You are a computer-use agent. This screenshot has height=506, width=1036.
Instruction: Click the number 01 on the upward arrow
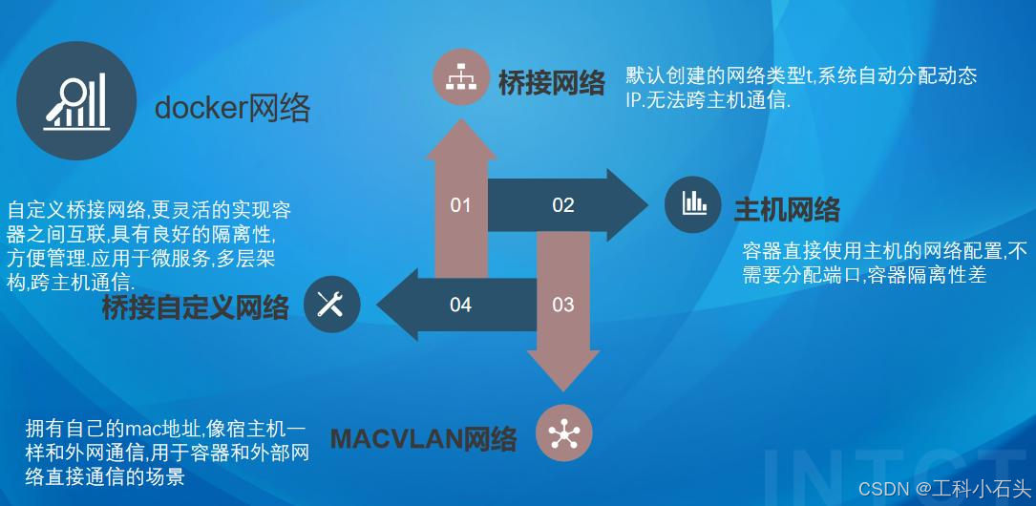pyautogui.click(x=460, y=205)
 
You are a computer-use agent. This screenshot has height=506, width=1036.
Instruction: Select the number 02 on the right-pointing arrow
pyautogui.click(x=563, y=205)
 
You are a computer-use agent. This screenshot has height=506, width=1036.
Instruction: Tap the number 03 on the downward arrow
pyautogui.click(x=563, y=305)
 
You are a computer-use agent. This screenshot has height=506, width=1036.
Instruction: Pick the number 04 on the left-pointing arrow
pyautogui.click(x=460, y=305)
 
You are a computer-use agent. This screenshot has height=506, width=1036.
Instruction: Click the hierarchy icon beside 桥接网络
pyautogui.click(x=460, y=78)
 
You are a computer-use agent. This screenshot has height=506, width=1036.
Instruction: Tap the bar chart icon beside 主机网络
pyautogui.click(x=692, y=204)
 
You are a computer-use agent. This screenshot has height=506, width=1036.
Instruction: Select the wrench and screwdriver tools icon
pyautogui.click(x=331, y=304)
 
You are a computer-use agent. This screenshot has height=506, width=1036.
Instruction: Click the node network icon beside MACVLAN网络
pyautogui.click(x=563, y=432)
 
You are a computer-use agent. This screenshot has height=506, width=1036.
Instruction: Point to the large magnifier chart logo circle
pyautogui.click(x=76, y=99)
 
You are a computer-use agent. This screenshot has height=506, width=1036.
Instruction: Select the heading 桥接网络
pyautogui.click(x=552, y=84)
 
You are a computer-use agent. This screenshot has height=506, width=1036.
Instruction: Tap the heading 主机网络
pyautogui.click(x=787, y=210)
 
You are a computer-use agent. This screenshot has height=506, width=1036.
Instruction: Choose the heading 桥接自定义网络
pyautogui.click(x=196, y=307)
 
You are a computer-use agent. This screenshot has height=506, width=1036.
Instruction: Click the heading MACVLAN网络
pyautogui.click(x=424, y=438)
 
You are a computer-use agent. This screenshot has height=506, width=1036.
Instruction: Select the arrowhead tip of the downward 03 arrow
pyautogui.click(x=563, y=391)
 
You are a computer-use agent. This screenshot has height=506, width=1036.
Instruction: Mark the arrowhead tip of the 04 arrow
pyautogui.click(x=376, y=305)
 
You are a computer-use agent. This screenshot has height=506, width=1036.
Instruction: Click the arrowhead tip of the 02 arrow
pyautogui.click(x=649, y=204)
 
